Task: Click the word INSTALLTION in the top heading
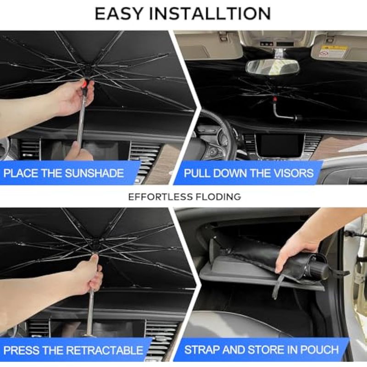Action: coord(210,14)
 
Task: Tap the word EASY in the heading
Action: coord(119,14)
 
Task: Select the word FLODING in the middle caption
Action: coord(218,197)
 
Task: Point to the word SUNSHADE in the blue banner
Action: coord(95,173)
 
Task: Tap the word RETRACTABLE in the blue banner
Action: coord(105,350)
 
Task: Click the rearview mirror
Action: coord(272,67)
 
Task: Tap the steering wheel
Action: coord(217,136)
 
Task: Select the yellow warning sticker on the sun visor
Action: coord(334,48)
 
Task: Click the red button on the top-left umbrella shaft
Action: coord(85,84)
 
